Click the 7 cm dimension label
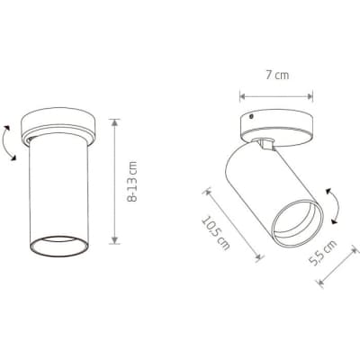click(x=277, y=75)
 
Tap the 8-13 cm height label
click(x=132, y=182)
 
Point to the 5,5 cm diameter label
click(x=323, y=253)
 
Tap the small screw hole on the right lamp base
click(x=251, y=116)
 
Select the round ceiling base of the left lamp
click(x=58, y=127)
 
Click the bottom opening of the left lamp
click(x=58, y=246)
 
